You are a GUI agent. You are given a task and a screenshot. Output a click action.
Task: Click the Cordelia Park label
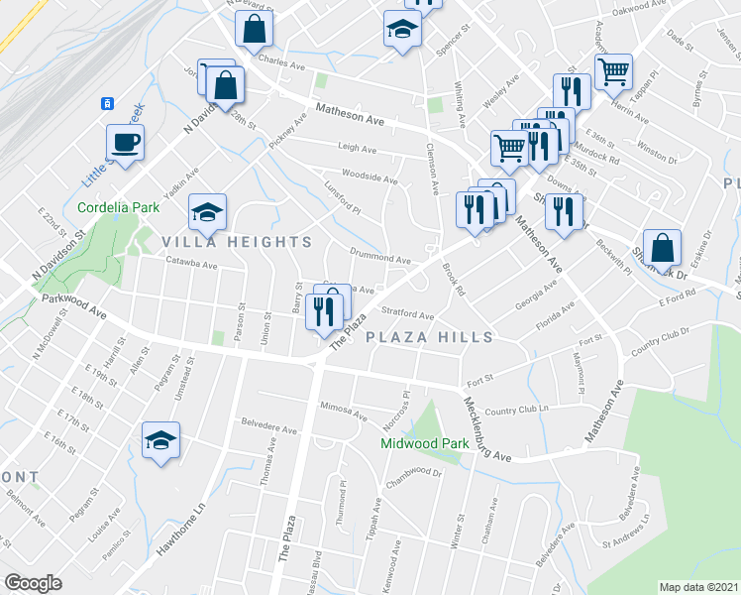click(119, 208)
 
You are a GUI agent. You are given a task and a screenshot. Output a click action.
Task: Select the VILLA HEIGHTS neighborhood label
click(224, 242)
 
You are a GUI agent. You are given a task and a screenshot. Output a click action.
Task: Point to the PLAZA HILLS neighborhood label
click(430, 337)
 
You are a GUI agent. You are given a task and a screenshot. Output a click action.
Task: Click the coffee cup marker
click(125, 143)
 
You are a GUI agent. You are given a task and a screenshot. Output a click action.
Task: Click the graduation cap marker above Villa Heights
click(208, 211)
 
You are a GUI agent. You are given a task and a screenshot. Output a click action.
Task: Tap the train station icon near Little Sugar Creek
click(106, 103)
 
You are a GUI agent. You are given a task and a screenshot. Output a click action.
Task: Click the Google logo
click(33, 583)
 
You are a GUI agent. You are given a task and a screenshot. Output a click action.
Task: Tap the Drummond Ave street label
click(380, 259)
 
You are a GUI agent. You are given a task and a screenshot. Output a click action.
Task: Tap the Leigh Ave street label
click(358, 149)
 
